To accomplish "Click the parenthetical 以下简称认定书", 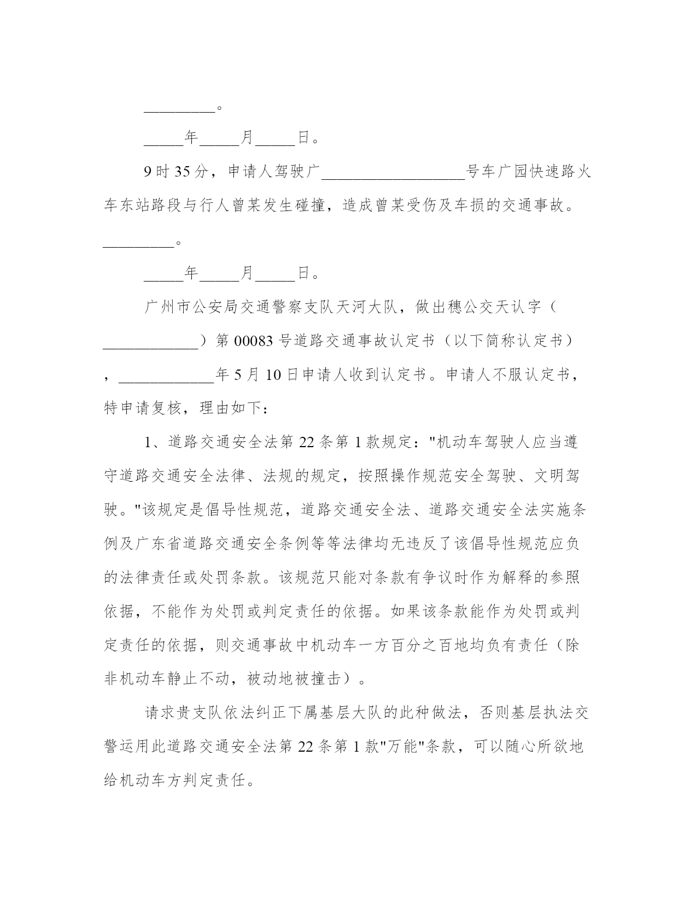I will click(509, 341).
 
